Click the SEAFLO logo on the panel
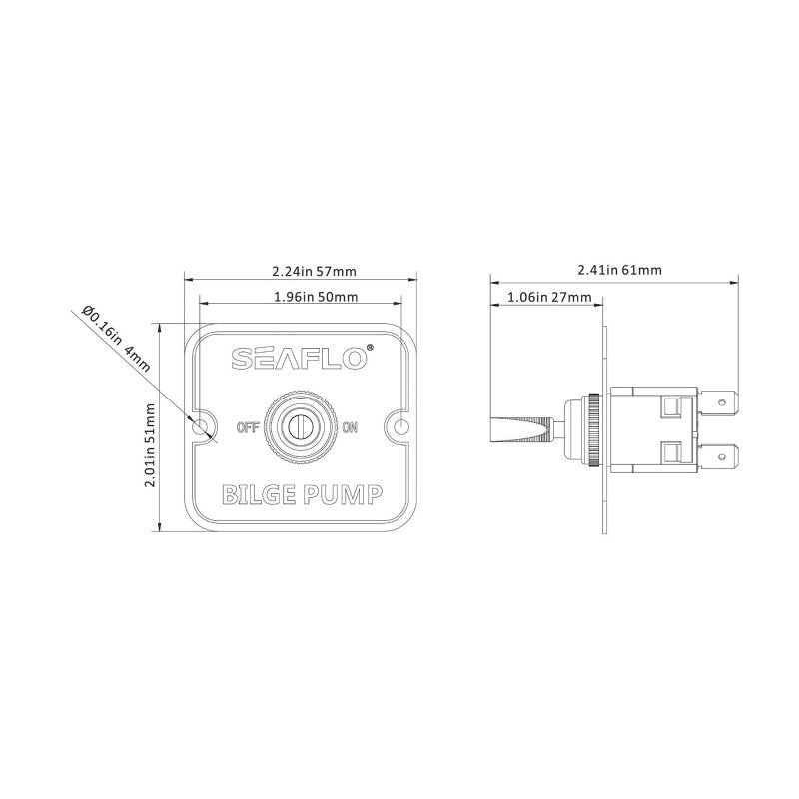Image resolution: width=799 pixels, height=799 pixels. (299, 359)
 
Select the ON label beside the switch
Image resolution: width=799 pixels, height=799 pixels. (350, 428)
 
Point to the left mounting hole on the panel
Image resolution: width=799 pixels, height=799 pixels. (205, 427)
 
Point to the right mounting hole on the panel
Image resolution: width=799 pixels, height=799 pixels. (401, 426)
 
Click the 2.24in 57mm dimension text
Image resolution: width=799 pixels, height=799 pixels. (315, 271)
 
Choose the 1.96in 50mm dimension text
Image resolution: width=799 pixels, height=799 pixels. (316, 297)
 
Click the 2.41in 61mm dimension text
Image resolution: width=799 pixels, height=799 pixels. (619, 270)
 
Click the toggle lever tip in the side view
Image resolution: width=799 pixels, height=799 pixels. (495, 428)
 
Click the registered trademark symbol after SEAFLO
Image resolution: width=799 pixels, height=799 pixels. (371, 348)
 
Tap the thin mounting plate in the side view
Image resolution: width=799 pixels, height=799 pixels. (604, 499)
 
